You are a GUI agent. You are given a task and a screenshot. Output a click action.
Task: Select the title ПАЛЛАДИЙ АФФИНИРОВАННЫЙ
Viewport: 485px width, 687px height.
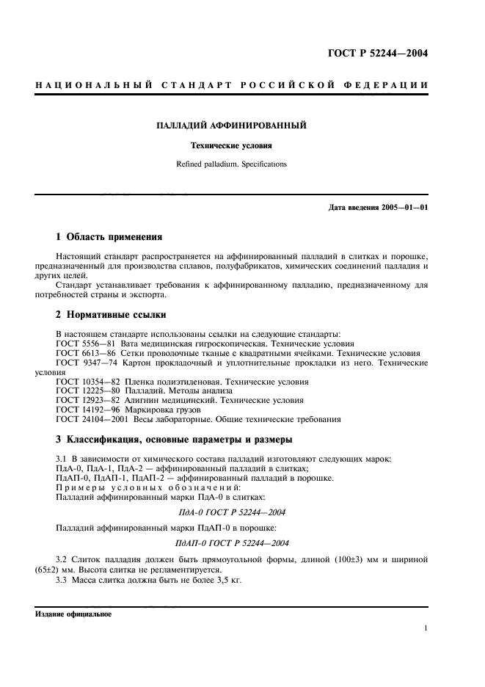tap(231, 126)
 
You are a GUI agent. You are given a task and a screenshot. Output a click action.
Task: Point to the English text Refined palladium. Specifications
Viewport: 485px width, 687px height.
tap(231, 164)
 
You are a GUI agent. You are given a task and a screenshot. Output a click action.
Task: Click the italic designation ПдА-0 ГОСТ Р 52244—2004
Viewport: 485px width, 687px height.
tap(231, 512)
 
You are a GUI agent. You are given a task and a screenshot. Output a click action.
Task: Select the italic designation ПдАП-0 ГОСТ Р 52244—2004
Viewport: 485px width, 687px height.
tap(231, 542)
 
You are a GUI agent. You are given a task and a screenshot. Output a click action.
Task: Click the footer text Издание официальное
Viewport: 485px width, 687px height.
tap(73, 614)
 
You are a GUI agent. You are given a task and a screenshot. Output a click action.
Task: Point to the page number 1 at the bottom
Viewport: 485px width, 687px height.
tap(426, 628)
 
